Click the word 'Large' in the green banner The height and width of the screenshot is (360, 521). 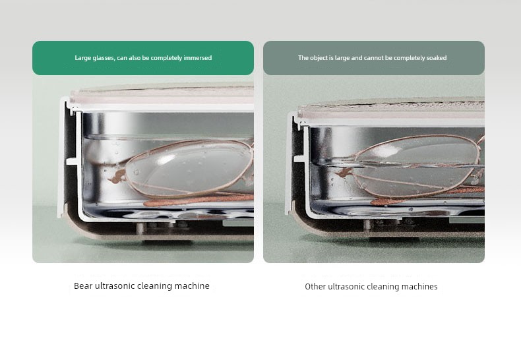pos(82,58)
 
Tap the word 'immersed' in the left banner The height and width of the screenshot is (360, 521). pos(198,58)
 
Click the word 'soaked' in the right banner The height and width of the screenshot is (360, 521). pos(437,58)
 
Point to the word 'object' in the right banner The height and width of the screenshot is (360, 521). pos(319,58)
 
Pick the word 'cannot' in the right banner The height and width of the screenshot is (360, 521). pos(373,58)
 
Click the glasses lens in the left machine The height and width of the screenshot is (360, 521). pos(189,168)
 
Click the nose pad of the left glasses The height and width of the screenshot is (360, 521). pos(117,177)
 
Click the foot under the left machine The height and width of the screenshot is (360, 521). pos(168,242)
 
